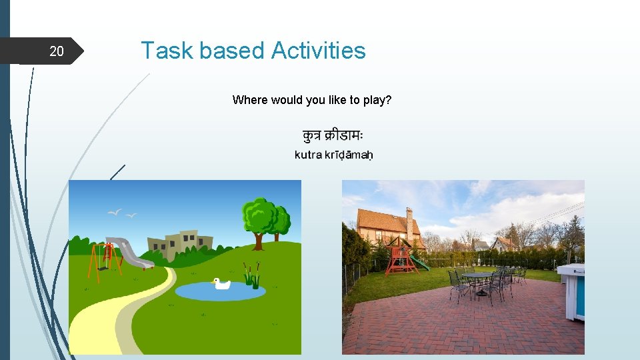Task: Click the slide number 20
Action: pos(57,51)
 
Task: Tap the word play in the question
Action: pos(377,100)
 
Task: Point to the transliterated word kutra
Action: pos(309,155)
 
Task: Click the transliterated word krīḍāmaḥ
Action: pos(349,155)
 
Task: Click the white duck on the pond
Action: pos(221,284)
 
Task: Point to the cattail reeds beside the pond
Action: pos(251,273)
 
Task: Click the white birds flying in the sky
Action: pos(122,213)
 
